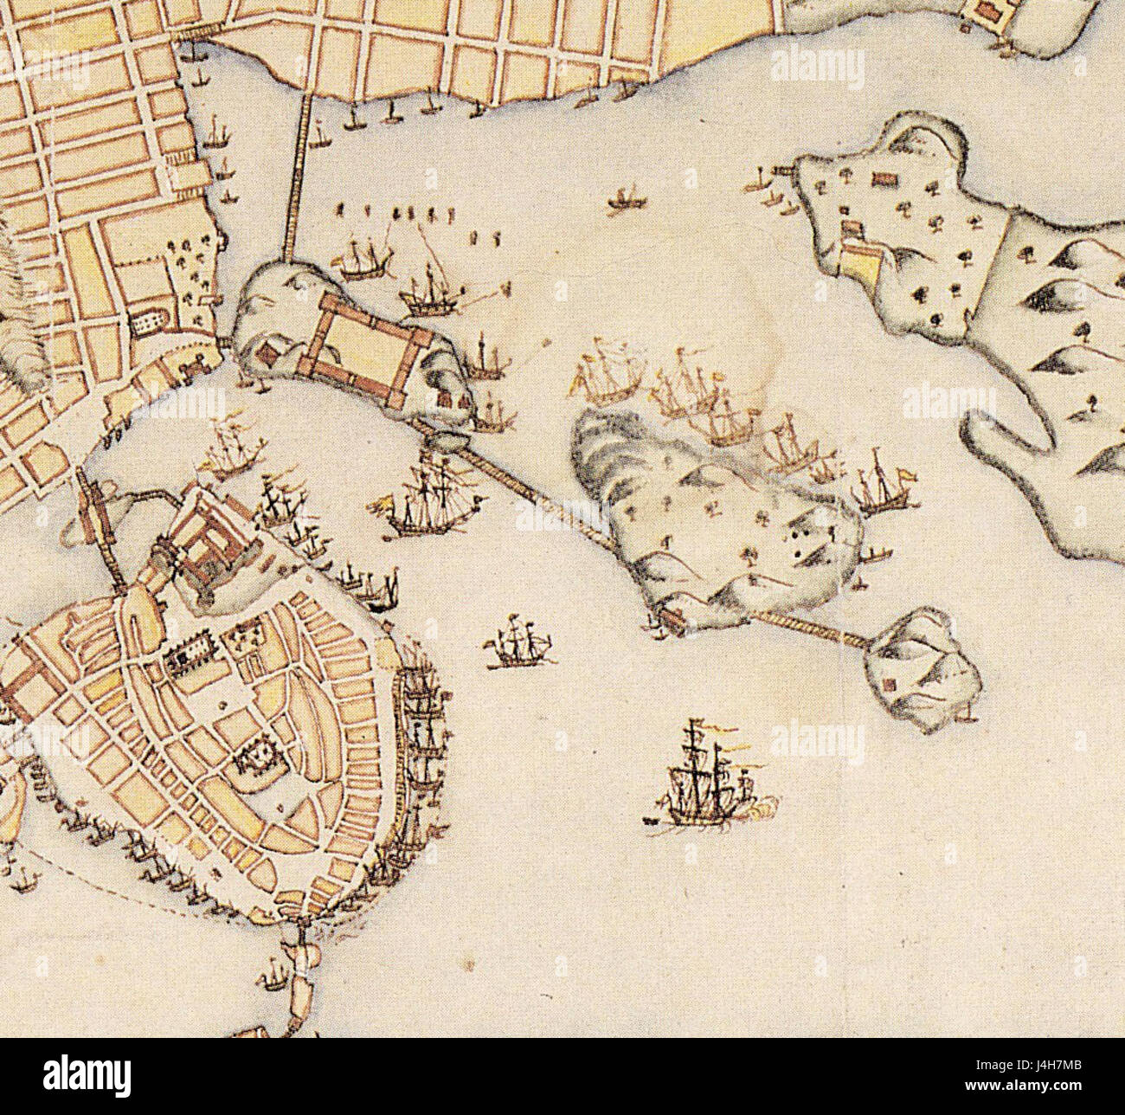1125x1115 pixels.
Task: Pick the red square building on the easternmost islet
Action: click(889, 685)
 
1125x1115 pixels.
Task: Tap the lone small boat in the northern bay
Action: click(625, 200)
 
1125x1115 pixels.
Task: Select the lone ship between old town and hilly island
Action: click(517, 646)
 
